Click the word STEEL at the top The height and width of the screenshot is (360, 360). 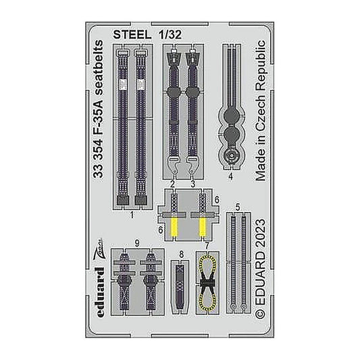(132, 34)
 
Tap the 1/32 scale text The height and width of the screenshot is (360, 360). (170, 34)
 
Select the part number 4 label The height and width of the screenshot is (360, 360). (231, 176)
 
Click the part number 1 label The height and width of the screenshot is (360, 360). (132, 215)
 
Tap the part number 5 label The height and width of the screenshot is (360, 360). (238, 207)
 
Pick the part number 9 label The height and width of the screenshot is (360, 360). (137, 243)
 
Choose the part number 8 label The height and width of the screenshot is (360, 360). (182, 255)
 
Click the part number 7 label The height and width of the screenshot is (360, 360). (207, 246)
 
